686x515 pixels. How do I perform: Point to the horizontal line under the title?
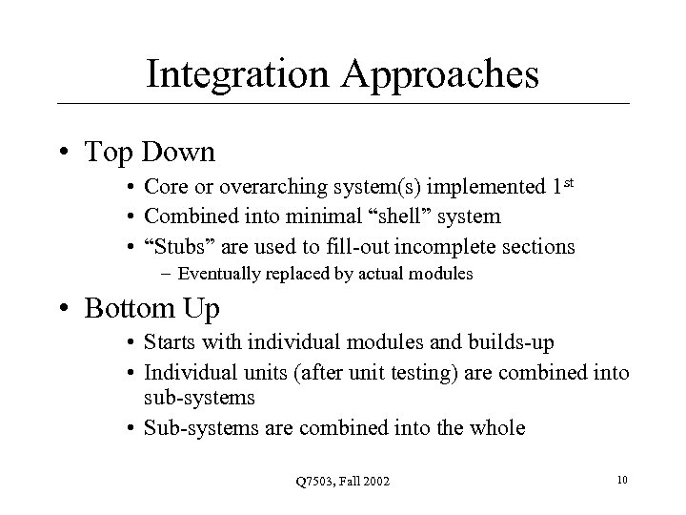[343, 103]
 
